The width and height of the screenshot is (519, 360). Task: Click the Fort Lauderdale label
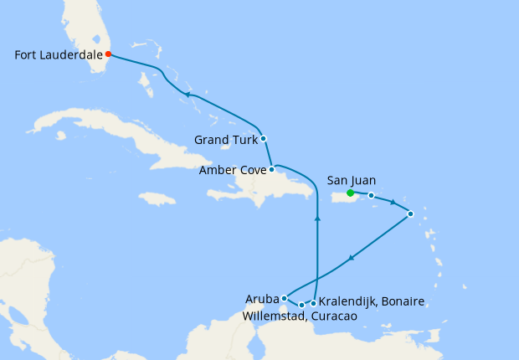58,55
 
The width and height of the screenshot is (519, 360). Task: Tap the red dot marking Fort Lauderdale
109,54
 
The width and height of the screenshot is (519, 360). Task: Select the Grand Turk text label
225,140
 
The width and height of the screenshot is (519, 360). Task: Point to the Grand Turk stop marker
263,138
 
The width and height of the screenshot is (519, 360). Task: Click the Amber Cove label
232,171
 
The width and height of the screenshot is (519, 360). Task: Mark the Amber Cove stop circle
271,169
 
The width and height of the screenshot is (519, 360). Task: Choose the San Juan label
352,180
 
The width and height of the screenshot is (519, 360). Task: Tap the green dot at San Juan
350,193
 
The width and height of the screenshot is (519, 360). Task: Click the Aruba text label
262,298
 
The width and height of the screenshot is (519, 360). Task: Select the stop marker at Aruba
285,297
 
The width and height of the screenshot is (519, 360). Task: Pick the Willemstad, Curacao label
300,316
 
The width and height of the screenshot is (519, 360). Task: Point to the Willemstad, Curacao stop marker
301,305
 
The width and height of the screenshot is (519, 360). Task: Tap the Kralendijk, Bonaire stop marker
313,303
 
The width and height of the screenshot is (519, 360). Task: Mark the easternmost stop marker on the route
410,214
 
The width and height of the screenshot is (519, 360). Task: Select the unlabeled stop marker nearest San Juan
371,196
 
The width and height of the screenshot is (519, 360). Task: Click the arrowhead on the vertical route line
317,219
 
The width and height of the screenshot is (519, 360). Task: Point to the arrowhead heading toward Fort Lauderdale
188,95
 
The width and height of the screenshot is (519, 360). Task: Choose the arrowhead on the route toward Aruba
351,257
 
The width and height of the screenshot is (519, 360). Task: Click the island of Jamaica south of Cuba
157,198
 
